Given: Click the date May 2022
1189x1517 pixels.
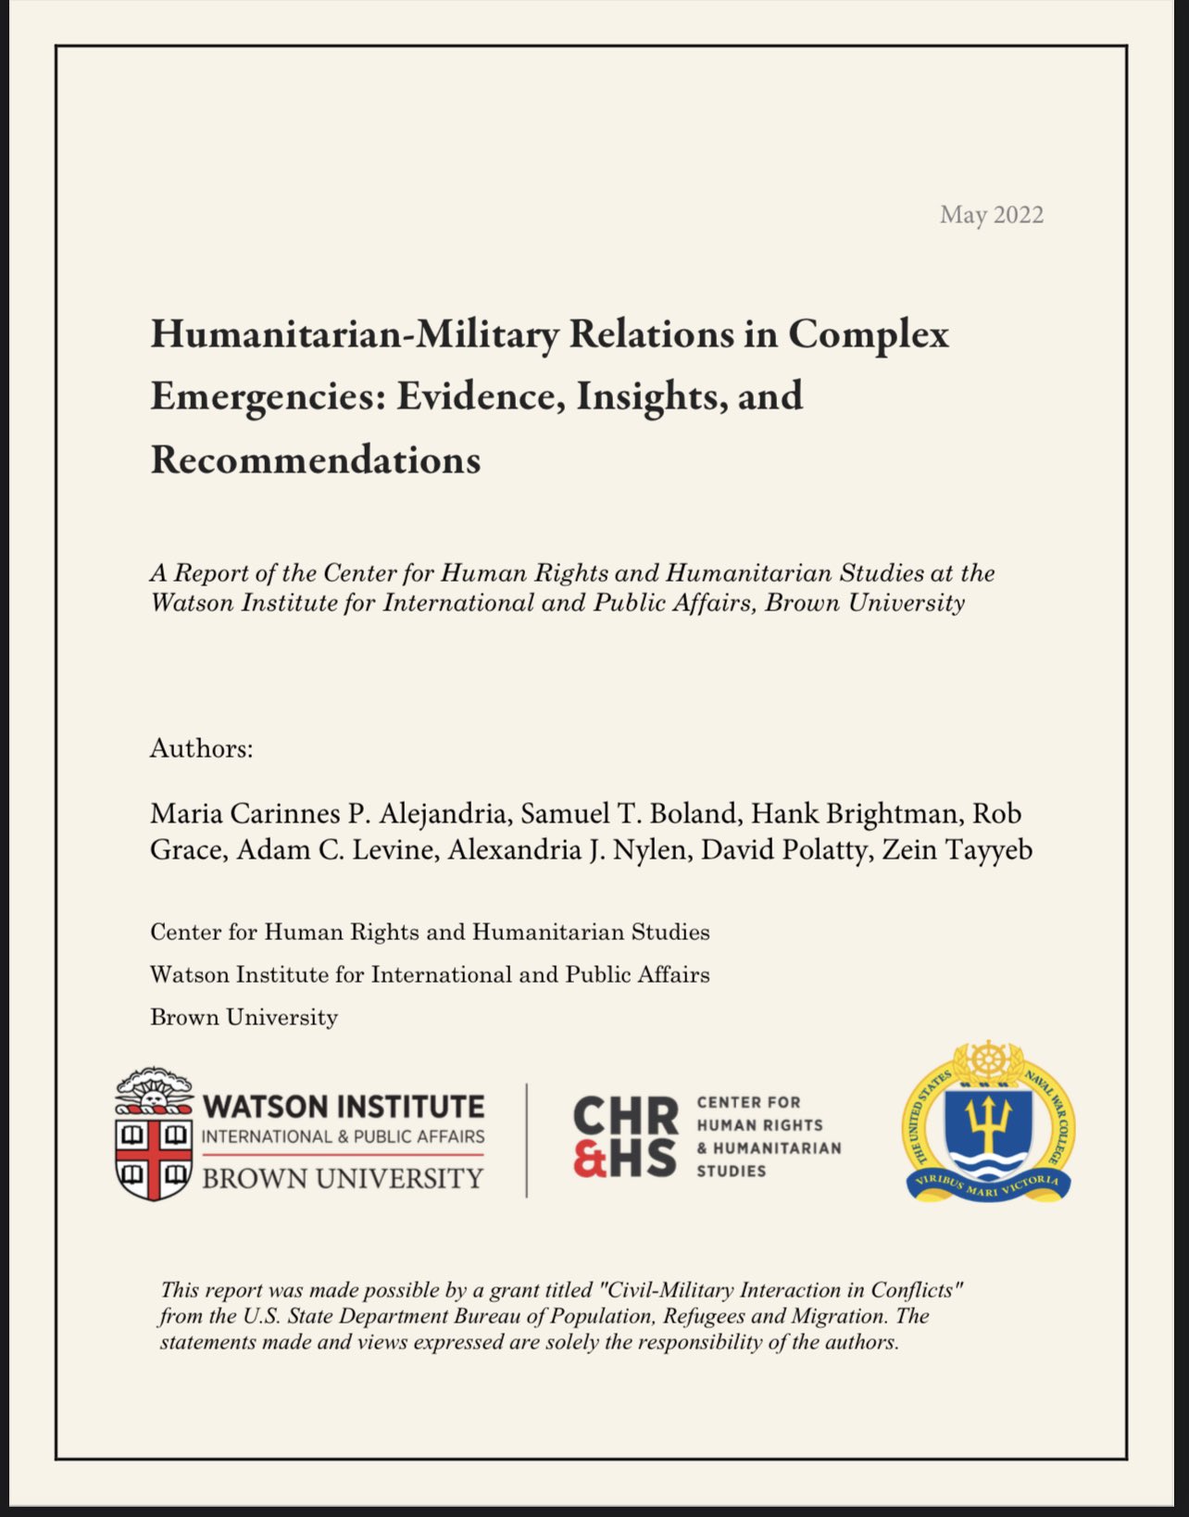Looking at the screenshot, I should [x=991, y=215].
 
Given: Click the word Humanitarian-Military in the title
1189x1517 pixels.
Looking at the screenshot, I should [x=354, y=333].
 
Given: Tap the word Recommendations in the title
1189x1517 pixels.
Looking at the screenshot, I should [x=315, y=459].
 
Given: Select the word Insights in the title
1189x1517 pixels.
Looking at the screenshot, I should [x=645, y=396].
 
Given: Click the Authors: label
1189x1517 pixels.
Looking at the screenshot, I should [x=201, y=748].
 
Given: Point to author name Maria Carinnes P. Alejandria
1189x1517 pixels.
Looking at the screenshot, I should [x=329, y=814].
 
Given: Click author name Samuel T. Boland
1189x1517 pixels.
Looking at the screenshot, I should [x=629, y=814].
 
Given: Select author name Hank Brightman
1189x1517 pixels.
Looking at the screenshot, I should [x=854, y=814].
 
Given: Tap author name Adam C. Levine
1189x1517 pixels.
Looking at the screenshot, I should [x=336, y=850].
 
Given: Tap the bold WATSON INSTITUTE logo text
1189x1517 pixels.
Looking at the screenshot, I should [x=343, y=1107].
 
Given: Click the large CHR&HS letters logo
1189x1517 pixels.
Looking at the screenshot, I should [x=625, y=1136].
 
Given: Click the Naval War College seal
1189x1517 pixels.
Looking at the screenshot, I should [x=988, y=1122].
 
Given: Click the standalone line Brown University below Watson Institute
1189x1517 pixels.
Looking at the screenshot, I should [x=244, y=1018].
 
